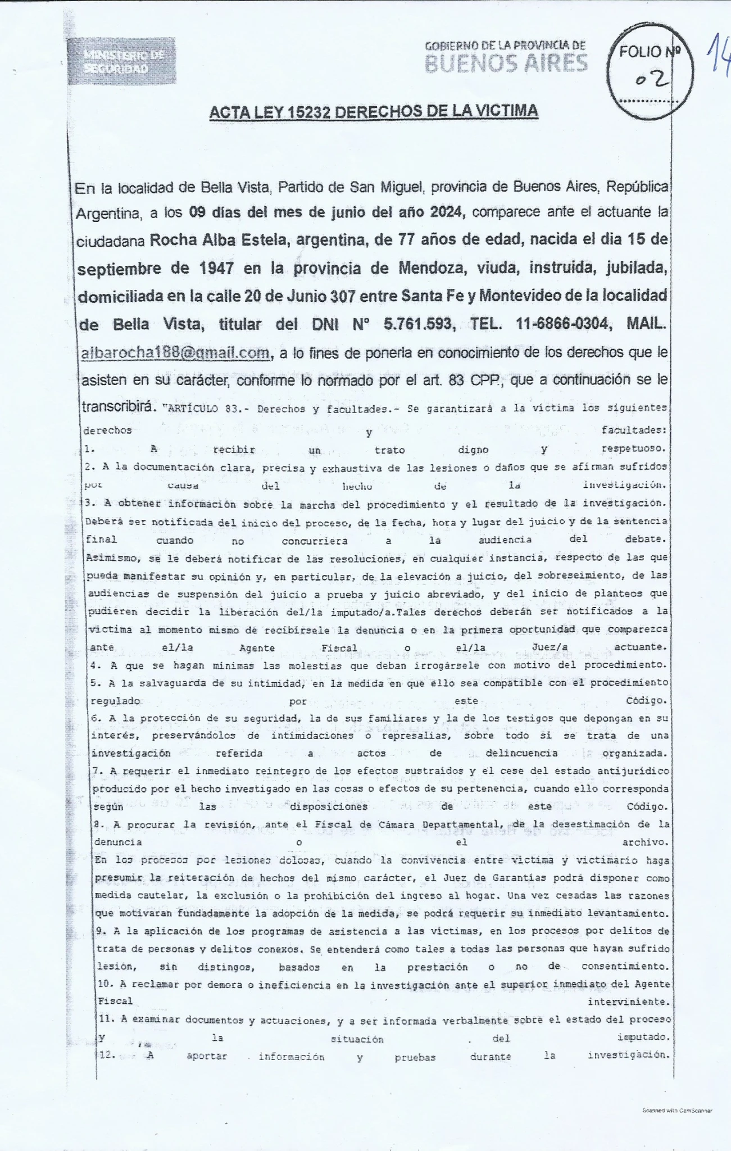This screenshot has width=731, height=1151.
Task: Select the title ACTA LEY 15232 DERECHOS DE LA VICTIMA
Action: click(x=373, y=111)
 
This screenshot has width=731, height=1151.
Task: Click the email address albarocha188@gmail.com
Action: click(x=175, y=353)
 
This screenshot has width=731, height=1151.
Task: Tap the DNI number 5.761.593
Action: click(x=418, y=324)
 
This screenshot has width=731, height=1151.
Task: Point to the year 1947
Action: click(x=216, y=268)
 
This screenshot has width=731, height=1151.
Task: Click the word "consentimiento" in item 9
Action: click(x=625, y=967)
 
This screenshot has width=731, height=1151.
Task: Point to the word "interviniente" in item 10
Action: click(x=628, y=1002)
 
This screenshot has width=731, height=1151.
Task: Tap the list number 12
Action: click(x=107, y=1055)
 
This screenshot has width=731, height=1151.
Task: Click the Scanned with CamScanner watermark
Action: click(x=677, y=1111)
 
